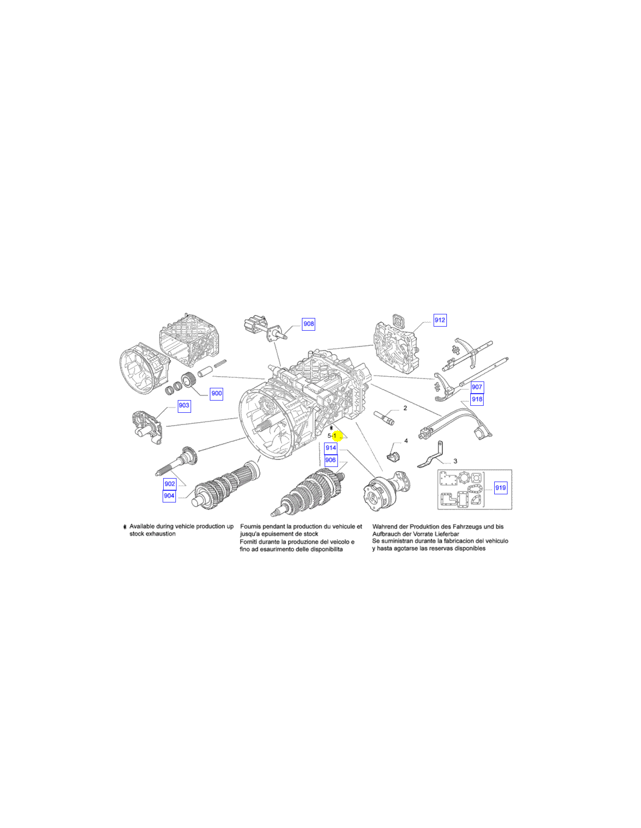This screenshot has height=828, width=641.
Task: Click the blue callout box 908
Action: (x=308, y=324)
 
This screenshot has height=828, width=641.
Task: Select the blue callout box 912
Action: (x=439, y=320)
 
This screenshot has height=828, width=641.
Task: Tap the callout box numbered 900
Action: (x=216, y=393)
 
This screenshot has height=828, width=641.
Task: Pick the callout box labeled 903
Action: (x=184, y=405)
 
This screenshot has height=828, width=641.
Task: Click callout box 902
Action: (x=170, y=484)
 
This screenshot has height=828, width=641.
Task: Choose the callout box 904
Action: (x=169, y=496)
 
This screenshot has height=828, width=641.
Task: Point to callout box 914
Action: (x=330, y=448)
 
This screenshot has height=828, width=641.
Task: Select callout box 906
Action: (x=330, y=460)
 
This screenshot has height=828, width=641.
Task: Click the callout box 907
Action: (x=477, y=387)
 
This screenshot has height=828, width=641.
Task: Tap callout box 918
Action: (x=477, y=399)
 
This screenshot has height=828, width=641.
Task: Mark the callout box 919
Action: (x=501, y=487)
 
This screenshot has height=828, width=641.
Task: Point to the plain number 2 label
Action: (x=405, y=408)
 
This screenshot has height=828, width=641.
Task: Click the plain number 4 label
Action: (x=406, y=441)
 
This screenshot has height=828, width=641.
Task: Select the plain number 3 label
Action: (x=455, y=461)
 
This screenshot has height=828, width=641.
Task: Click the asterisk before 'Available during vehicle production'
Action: (x=125, y=527)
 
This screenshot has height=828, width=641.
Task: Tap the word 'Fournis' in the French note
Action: (x=250, y=526)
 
